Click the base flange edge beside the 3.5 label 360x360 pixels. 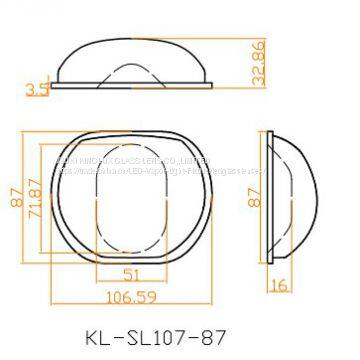pos(60,86)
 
